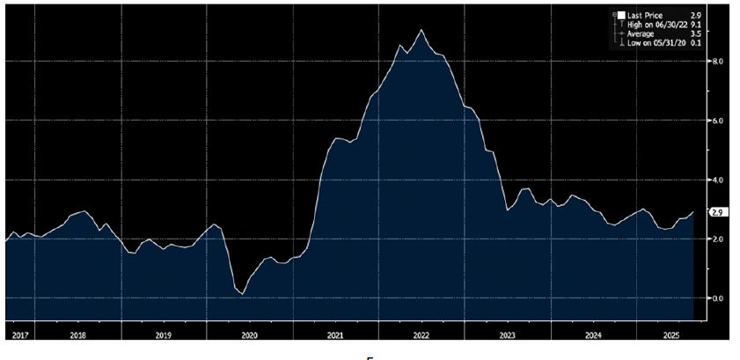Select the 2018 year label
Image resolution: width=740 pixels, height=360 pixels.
tap(77, 335)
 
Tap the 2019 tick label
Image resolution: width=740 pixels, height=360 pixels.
tap(163, 335)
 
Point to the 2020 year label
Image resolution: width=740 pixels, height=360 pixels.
tap(249, 335)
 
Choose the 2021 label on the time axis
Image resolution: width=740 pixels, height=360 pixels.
tap(335, 335)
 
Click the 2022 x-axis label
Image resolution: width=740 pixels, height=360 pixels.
tap(421, 335)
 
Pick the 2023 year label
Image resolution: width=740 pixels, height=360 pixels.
tap(508, 335)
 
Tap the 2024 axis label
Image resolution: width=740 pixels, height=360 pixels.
tap(594, 335)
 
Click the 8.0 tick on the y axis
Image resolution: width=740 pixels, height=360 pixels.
tap(717, 62)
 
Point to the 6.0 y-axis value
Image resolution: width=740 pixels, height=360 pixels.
tap(717, 121)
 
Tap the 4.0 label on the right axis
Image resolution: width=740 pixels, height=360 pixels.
tap(717, 180)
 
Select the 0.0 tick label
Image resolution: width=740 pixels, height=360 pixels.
tap(717, 298)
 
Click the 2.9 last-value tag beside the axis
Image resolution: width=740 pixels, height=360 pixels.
tap(717, 212)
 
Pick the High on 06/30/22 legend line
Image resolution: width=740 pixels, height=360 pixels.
tap(655, 24)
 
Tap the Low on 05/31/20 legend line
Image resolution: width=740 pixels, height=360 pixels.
tap(655, 41)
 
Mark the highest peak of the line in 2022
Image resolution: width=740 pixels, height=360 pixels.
tap(421, 30)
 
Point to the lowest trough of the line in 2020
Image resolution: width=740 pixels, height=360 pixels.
tap(243, 293)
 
